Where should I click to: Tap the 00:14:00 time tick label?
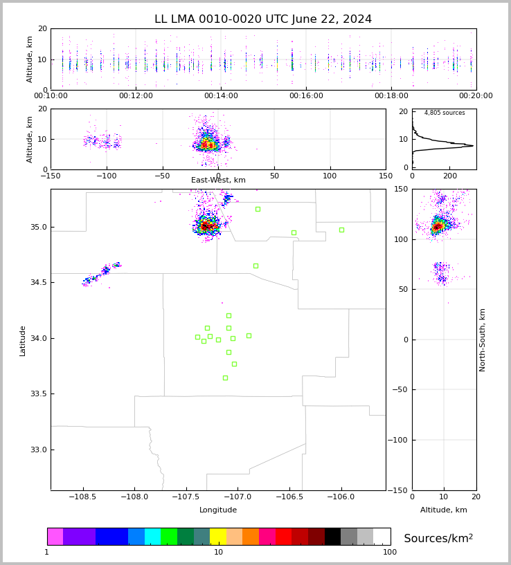(221, 96)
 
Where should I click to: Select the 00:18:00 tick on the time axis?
(391, 96)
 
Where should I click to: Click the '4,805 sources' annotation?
(445, 113)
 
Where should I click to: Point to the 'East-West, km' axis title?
(218, 180)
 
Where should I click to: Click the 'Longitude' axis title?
(218, 510)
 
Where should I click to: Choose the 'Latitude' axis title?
(23, 340)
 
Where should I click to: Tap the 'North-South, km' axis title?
(483, 340)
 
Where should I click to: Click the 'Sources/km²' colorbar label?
(438, 539)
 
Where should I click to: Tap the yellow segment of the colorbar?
(218, 537)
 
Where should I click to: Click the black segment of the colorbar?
(332, 537)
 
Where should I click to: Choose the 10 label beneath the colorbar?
(218, 552)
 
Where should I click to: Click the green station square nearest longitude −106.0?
(341, 230)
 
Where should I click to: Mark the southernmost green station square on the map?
(225, 378)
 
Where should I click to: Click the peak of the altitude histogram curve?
(473, 145)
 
